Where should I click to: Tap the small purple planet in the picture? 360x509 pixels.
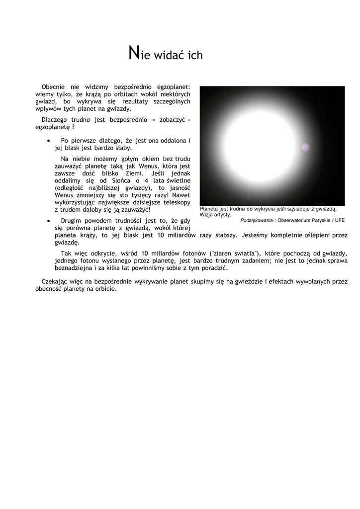(305, 147)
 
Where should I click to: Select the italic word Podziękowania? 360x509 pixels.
(257, 220)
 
